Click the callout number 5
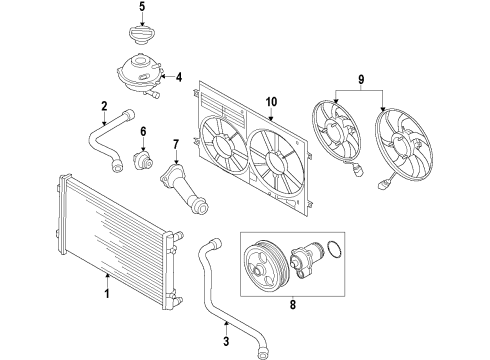142,7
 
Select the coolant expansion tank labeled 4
141,75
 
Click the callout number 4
179,77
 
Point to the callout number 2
104,106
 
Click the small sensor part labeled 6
143,160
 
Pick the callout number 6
143,132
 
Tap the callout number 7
176,145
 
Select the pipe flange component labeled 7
185,188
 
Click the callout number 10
272,102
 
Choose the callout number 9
361,79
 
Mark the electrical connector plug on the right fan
383,184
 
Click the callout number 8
292,304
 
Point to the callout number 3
226,341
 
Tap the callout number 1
107,294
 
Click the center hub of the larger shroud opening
277,162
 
